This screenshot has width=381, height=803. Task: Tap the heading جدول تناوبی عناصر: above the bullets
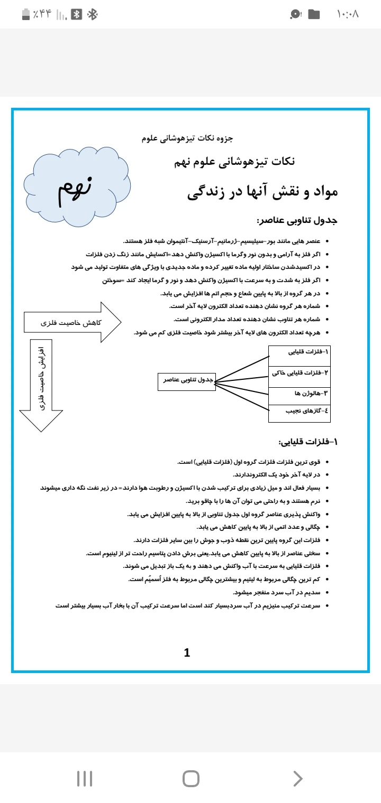296,220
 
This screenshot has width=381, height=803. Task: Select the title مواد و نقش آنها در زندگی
262,192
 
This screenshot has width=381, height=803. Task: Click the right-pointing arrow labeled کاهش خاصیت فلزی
72,322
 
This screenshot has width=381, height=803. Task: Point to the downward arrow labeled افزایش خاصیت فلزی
41,386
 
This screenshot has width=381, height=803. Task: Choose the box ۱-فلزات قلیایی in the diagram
300,352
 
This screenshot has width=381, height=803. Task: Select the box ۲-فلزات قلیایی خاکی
300,373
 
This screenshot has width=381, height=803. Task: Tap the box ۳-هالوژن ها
300,394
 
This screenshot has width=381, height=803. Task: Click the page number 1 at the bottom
187,653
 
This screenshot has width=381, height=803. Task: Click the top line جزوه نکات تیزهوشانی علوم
187,138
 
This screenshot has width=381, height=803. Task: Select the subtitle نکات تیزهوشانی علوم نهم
234,162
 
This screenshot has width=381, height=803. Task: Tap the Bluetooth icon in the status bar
93,14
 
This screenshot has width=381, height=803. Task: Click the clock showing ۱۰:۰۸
348,14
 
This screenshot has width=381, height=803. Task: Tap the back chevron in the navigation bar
298,778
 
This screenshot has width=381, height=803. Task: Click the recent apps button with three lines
85,778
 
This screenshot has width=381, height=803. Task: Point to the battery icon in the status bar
26,14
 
